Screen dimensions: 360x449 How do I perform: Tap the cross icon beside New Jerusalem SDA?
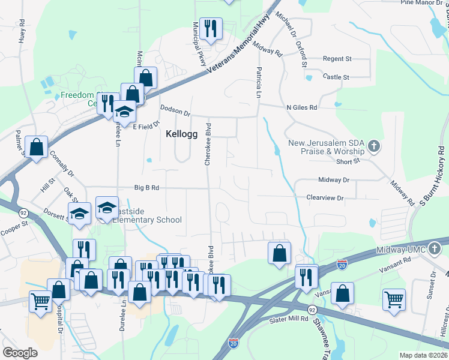click(x=373, y=145)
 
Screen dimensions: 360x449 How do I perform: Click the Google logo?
click(x=20, y=352)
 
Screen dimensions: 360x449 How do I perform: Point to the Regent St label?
click(x=337, y=59)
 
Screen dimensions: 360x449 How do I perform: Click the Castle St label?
click(x=336, y=77)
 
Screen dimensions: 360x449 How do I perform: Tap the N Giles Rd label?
click(x=301, y=107)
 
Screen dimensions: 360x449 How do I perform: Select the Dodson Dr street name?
click(x=175, y=111)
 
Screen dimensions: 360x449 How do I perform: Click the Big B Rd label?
click(x=146, y=188)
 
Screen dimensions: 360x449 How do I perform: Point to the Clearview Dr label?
click(x=325, y=197)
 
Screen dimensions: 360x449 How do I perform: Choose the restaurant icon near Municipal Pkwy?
click(x=211, y=28)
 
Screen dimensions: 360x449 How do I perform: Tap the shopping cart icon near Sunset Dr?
click(x=394, y=299)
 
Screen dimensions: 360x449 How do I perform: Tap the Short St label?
click(x=348, y=161)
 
